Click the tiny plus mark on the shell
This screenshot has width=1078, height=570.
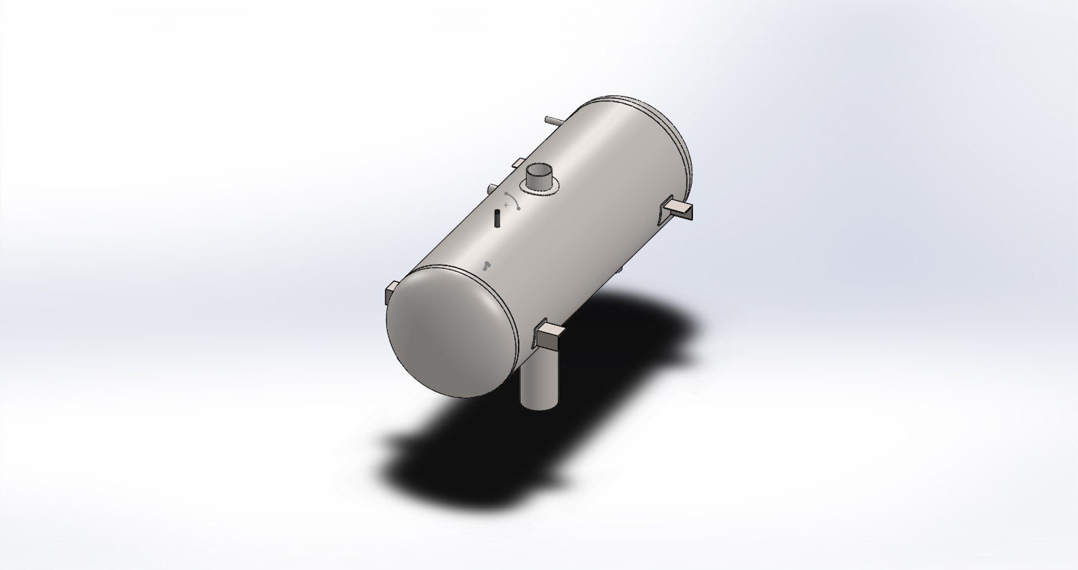click(506, 205)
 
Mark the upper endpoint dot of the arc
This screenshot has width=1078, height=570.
click(508, 193)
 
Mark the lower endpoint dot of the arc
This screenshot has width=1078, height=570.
click(519, 209)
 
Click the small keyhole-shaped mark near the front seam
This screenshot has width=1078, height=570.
click(487, 266)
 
